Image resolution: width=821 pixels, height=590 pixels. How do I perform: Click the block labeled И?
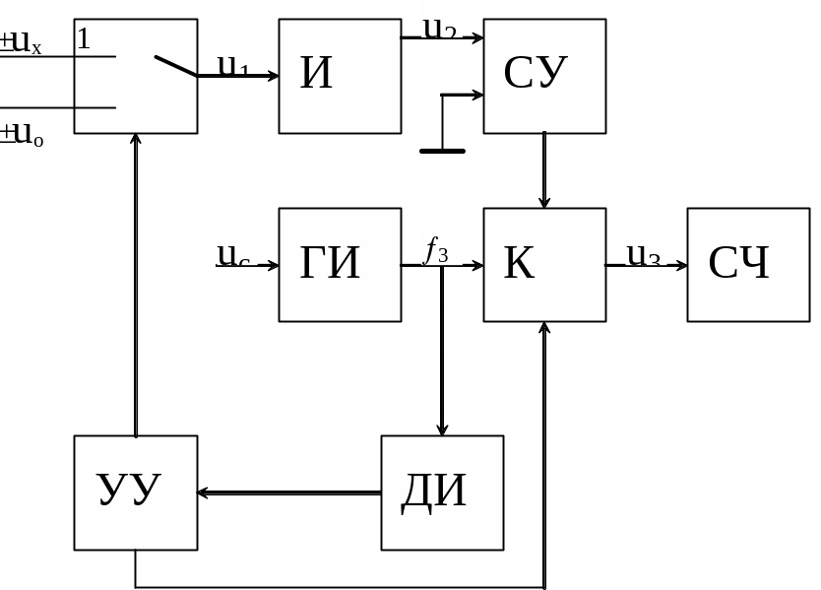[x=340, y=76]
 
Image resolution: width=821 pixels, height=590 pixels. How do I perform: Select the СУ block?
[x=544, y=76]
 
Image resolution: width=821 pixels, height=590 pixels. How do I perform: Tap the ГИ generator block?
[x=340, y=264]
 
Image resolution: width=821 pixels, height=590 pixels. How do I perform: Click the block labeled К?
[x=544, y=264]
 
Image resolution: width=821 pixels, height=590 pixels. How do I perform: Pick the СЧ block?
[x=748, y=264]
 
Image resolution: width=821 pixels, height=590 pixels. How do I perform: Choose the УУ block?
[x=136, y=492]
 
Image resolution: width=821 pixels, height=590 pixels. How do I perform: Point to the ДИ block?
[x=442, y=492]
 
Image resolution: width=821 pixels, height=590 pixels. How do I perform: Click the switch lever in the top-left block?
[x=176, y=66]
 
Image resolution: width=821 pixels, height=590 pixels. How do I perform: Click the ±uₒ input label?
[x=24, y=133]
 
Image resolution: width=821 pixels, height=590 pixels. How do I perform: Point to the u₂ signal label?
[x=439, y=27]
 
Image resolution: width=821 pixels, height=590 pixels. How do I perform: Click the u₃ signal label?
[x=644, y=254]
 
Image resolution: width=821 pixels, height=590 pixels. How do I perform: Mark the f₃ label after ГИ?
[x=436, y=250]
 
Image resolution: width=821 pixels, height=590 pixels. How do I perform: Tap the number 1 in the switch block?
[x=84, y=39]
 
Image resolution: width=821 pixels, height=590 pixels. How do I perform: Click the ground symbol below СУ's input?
[x=442, y=151]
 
